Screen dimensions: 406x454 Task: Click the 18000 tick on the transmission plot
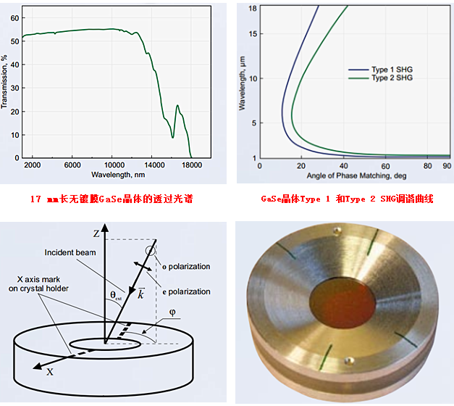point(191,165)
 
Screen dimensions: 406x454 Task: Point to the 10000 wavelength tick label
point(112,165)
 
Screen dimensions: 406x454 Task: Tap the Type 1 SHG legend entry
point(392,70)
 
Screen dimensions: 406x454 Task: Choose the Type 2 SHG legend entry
point(392,78)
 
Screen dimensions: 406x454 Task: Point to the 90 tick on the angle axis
point(446,167)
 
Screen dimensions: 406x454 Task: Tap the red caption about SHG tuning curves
point(347,199)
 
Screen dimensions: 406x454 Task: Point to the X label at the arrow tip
point(50,371)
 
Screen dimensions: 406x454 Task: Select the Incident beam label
point(69,253)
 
